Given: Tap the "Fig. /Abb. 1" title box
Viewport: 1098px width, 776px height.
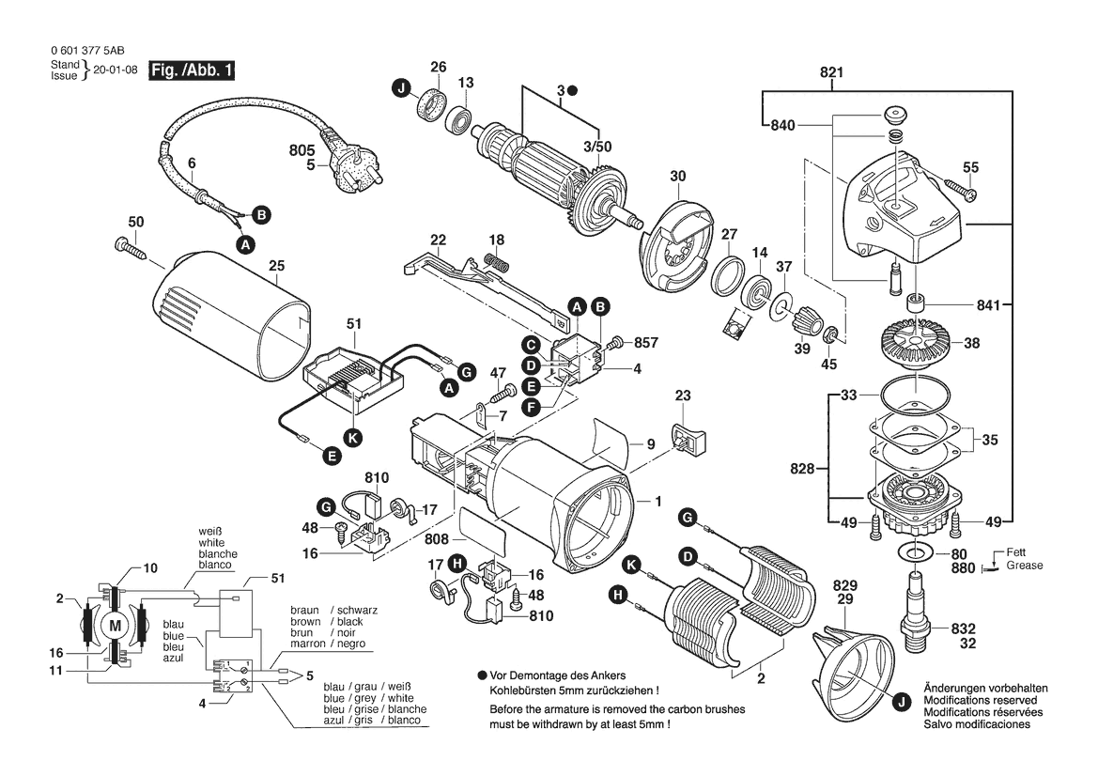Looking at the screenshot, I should [x=192, y=70].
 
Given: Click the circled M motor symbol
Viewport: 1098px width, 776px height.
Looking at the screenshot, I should [x=116, y=625].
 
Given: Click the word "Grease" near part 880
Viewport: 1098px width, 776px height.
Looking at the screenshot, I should [x=1024, y=566].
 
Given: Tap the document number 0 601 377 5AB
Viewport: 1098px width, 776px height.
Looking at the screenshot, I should [x=87, y=53].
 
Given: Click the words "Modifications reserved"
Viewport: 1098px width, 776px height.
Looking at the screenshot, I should [x=980, y=701].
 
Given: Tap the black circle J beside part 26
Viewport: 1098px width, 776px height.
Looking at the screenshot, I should [x=402, y=89].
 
